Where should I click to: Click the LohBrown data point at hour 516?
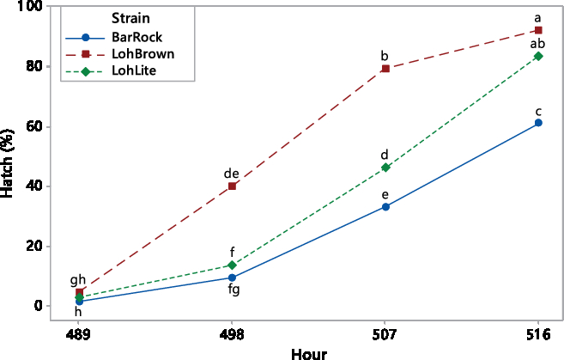(x=538, y=31)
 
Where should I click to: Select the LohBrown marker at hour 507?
(x=385, y=69)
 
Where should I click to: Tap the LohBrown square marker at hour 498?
(x=232, y=186)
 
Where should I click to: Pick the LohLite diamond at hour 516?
(x=538, y=56)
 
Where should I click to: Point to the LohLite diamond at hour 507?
(x=385, y=168)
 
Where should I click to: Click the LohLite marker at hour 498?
(x=232, y=265)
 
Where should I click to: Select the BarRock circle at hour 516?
(x=538, y=123)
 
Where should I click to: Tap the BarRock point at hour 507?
(x=385, y=207)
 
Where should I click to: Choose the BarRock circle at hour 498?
(x=232, y=278)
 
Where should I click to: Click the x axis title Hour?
(x=308, y=352)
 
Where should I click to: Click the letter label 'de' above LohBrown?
(x=231, y=174)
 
